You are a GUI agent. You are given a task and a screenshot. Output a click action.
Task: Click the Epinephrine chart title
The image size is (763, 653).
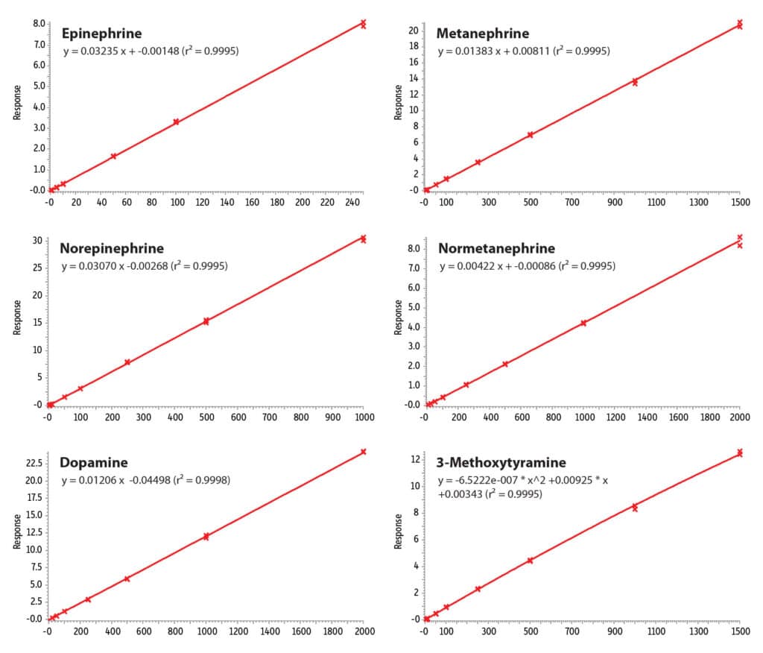(x=102, y=34)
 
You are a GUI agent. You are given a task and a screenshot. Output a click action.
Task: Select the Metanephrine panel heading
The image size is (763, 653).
(x=482, y=34)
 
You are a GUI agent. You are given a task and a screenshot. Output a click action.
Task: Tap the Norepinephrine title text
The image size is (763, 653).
(x=112, y=248)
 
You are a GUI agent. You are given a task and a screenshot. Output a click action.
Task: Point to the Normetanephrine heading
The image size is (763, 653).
(x=496, y=248)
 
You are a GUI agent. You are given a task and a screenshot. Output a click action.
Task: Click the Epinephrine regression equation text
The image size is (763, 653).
(x=151, y=51)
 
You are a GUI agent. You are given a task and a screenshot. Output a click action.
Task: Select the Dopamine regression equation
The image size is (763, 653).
(x=145, y=481)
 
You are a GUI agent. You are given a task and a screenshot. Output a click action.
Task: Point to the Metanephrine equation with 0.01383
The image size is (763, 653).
(x=524, y=51)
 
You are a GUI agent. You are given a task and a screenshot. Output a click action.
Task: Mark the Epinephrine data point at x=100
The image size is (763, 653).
(x=176, y=122)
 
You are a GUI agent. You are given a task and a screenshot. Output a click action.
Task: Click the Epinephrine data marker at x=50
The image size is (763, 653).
(x=113, y=156)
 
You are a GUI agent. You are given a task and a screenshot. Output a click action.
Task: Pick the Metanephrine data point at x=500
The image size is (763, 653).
(x=530, y=135)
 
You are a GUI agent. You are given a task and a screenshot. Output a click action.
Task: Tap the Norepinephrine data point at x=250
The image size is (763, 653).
(x=127, y=362)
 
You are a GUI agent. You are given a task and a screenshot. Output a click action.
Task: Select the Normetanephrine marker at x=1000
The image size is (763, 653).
(x=583, y=323)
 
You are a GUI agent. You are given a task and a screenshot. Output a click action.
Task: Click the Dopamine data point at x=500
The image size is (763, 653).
(x=127, y=578)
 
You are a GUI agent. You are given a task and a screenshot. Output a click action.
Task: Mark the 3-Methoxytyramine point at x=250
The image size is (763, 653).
(x=478, y=589)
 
